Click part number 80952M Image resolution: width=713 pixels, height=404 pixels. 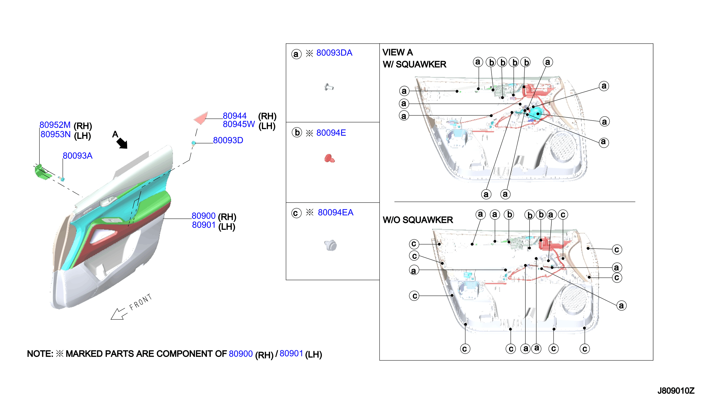pos(55,125)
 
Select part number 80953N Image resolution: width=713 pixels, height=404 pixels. pos(56,134)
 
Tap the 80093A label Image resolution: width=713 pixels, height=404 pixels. pos(78,156)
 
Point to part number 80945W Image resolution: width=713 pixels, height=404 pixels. pos(238,124)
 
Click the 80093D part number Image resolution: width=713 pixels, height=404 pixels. pos(228,140)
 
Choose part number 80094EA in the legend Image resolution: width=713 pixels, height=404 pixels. pos(335,213)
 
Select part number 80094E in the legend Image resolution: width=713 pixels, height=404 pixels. pos(331,133)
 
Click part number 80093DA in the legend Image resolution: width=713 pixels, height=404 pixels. pos(334,53)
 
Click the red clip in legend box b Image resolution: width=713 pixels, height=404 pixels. pos(330,158)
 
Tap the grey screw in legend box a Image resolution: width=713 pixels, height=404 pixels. pos(329,87)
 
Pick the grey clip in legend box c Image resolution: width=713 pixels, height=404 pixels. pos(331,245)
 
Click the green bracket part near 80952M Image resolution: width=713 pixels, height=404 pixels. pos(43,172)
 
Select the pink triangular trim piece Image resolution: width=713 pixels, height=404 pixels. pos(201,118)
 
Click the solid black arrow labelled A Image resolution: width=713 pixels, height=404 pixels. pos(122,143)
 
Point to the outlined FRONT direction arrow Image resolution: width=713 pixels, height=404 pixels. pos(119,314)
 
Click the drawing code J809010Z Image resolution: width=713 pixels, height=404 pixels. pos(676,391)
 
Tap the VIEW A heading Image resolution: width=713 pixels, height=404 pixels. pos(397,53)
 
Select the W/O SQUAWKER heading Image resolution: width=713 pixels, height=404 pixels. pos(418,220)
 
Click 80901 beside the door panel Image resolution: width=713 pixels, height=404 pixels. pos(204,225)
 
